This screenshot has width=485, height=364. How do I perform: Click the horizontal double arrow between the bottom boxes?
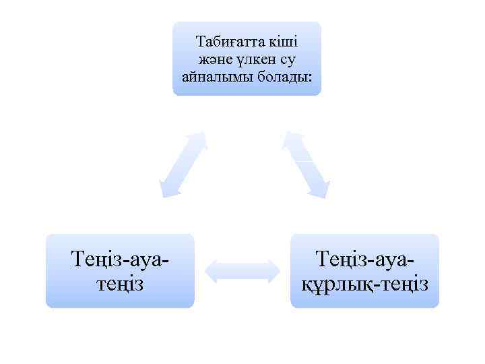[242, 270]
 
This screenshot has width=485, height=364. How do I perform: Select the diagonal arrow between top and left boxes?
[182, 164]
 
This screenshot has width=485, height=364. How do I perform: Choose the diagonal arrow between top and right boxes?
[305, 164]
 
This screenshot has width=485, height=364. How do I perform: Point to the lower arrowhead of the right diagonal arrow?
[321, 189]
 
